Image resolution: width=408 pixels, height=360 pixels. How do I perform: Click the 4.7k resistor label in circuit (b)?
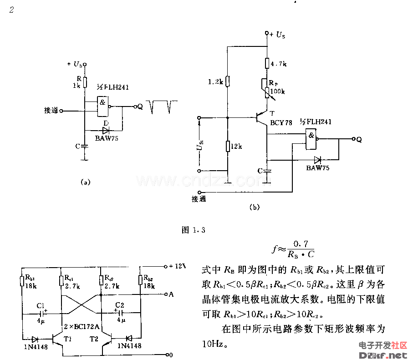pyautogui.click(x=279, y=65)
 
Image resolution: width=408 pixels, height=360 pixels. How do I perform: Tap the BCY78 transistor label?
pyautogui.click(x=279, y=122)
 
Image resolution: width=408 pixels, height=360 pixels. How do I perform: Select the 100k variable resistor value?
pyautogui.click(x=278, y=91)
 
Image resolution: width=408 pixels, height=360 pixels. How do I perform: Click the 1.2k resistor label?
pyautogui.click(x=215, y=82)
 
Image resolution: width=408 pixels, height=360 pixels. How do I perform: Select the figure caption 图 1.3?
pyautogui.click(x=193, y=230)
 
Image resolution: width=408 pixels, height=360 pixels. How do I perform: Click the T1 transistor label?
pyautogui.click(x=68, y=340)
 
